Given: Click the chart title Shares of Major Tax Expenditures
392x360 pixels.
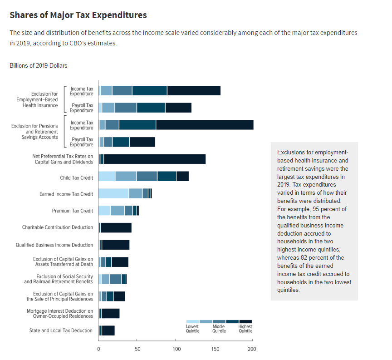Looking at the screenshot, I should [78, 15].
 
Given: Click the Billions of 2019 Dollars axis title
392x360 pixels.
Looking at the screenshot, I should [38, 65].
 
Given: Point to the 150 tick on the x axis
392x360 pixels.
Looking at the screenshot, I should [214, 349].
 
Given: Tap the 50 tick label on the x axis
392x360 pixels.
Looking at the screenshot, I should [137, 349].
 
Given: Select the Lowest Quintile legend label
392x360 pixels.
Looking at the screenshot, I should [192, 329].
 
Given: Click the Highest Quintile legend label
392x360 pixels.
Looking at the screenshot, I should [245, 329].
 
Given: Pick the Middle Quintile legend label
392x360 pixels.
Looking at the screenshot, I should [219, 329].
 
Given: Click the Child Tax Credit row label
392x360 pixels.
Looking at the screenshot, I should [76, 178].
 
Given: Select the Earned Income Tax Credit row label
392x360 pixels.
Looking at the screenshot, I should [66, 194].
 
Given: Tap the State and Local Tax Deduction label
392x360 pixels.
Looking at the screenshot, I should [61, 330].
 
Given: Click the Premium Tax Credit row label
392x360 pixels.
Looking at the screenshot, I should [73, 211].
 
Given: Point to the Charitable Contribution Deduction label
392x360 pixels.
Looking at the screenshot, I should [58, 227].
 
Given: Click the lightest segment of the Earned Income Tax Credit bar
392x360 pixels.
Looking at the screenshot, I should [113, 193].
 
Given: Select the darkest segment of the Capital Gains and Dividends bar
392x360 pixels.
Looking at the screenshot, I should [154, 159].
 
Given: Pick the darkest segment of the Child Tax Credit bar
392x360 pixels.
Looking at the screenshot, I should [182, 176].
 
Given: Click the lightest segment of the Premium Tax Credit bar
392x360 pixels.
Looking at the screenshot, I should [104, 210].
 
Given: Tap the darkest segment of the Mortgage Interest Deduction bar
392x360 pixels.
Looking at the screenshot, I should [111, 313].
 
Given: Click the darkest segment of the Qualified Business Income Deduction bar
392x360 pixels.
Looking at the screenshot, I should [116, 245].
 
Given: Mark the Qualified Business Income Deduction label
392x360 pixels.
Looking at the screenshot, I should [54, 245].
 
